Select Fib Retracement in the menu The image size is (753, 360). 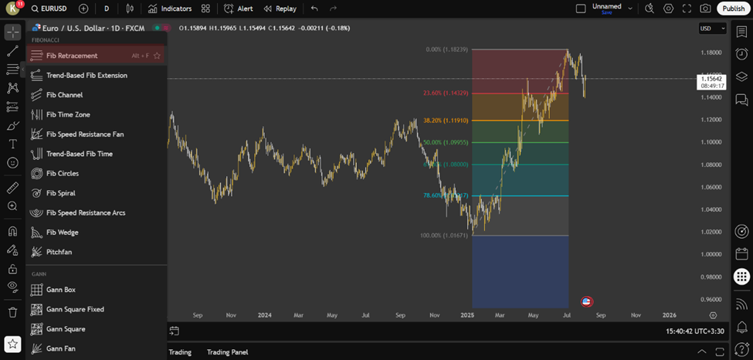pos(72,56)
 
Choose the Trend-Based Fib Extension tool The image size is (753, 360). pos(86,76)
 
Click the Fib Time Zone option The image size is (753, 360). pos(68,114)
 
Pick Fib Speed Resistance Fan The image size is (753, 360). pos(84,134)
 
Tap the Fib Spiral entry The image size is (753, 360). pos(60,193)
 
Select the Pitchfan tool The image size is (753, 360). pos(59,252)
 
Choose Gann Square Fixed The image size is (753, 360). pos(75,309)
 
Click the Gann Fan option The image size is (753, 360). pos(60,348)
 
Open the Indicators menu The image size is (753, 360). pos(170,8)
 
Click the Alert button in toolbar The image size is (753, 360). pos(239,8)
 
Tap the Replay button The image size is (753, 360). pos(280,8)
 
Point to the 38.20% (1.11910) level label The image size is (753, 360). pos(444,121)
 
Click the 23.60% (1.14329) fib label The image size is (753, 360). pos(444,93)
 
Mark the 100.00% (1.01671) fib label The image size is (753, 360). pos(443,235)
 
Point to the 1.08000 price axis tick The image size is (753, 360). pos(711,165)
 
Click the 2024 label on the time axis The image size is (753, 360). pos(264,315)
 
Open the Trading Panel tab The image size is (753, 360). pos(227,352)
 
